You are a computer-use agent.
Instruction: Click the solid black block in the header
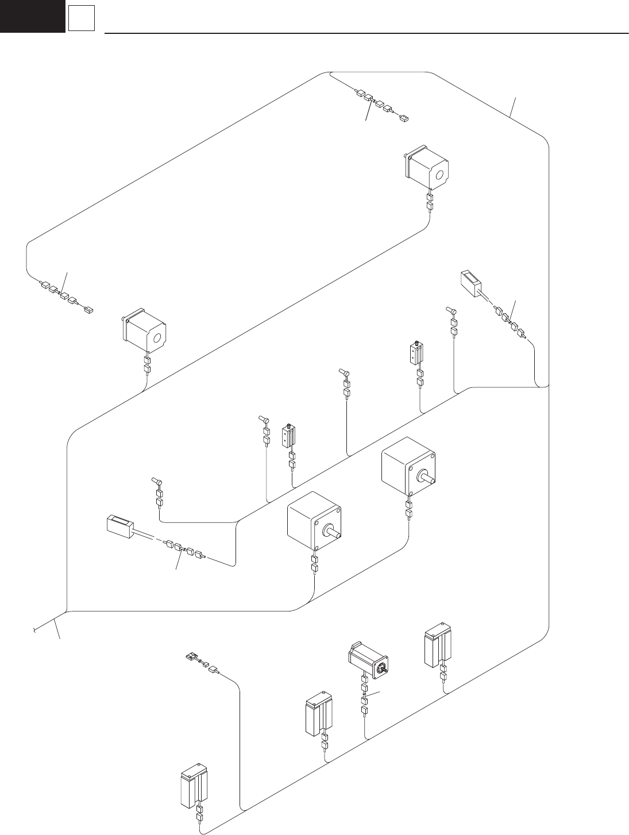[32, 16]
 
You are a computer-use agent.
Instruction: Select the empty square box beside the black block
[80, 20]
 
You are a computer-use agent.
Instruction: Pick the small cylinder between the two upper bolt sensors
[415, 354]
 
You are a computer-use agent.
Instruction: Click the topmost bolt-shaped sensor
[452, 311]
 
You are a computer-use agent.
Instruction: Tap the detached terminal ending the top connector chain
[404, 118]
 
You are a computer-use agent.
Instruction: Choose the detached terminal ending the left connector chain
[88, 311]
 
